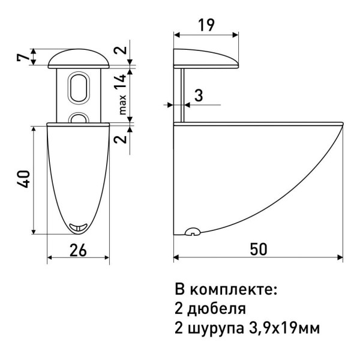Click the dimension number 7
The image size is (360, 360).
coord(22,58)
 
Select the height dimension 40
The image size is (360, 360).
coord(23,181)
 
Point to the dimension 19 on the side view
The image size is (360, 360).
coord(206,25)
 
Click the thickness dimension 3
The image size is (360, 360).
coord(198,94)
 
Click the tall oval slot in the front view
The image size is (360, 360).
coord(79,88)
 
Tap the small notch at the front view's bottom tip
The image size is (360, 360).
coord(78,226)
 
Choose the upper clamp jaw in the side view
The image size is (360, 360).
coord(207,58)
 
